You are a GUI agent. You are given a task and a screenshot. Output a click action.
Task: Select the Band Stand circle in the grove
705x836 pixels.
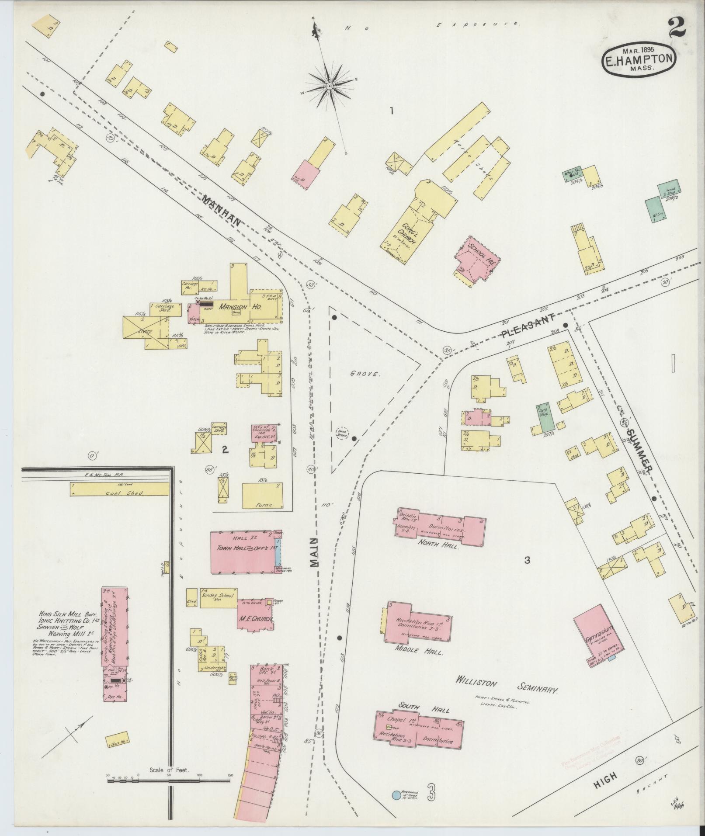point(341,433)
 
